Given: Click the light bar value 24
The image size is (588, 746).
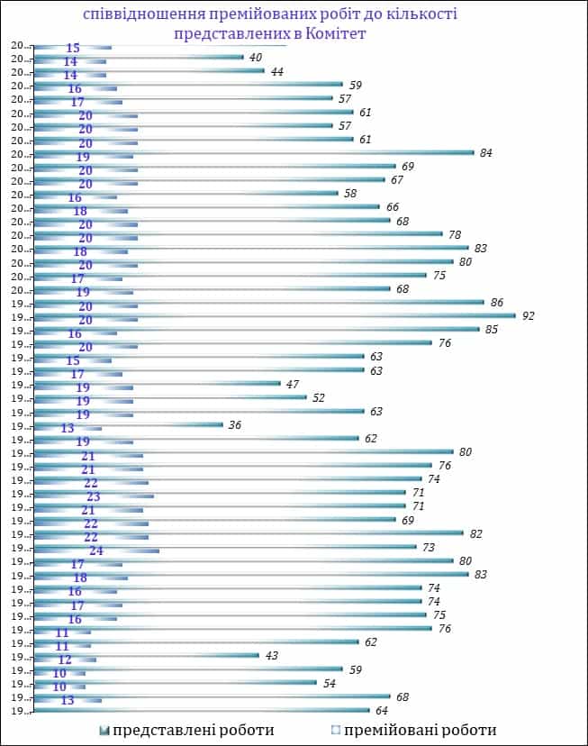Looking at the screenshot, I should point(95,550).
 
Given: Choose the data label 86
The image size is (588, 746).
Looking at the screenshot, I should point(496,302).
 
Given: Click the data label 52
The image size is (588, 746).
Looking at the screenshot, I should point(319,397).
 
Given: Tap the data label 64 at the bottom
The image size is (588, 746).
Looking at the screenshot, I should point(382,712).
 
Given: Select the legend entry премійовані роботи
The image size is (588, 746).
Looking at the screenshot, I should point(419,730).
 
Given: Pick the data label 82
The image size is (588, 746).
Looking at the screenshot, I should point(475,533).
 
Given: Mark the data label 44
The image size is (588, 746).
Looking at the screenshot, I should point(276,71).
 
